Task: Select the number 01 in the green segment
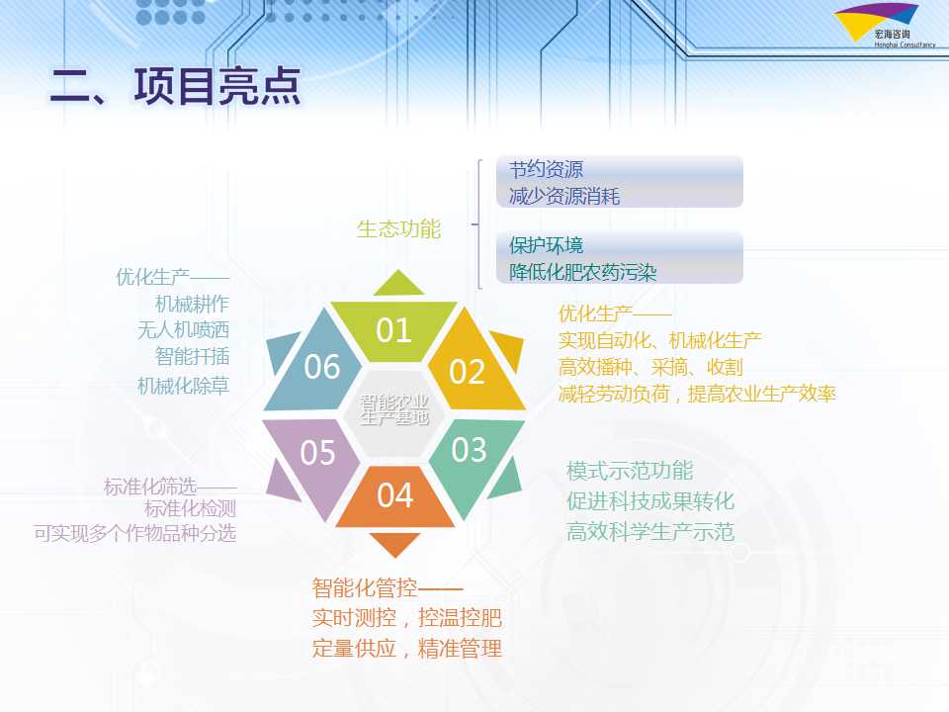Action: click(x=393, y=330)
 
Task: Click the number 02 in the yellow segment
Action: click(x=467, y=372)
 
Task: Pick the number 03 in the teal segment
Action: click(x=469, y=450)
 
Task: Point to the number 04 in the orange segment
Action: click(x=395, y=495)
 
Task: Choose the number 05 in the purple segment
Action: click(x=317, y=453)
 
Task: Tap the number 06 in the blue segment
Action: click(x=322, y=367)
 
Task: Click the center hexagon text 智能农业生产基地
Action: click(x=394, y=409)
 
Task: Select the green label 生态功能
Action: click(x=398, y=229)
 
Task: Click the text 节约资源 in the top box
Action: click(x=546, y=169)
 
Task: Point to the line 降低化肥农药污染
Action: click(x=583, y=273)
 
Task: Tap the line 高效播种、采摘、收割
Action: click(x=650, y=367)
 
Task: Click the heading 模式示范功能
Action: click(x=630, y=471)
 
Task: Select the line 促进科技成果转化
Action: click(x=650, y=501)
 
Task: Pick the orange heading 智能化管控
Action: click(x=365, y=587)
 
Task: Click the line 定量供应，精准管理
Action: click(x=407, y=649)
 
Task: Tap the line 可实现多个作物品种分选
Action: click(x=135, y=533)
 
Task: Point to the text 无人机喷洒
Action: click(x=184, y=330)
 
